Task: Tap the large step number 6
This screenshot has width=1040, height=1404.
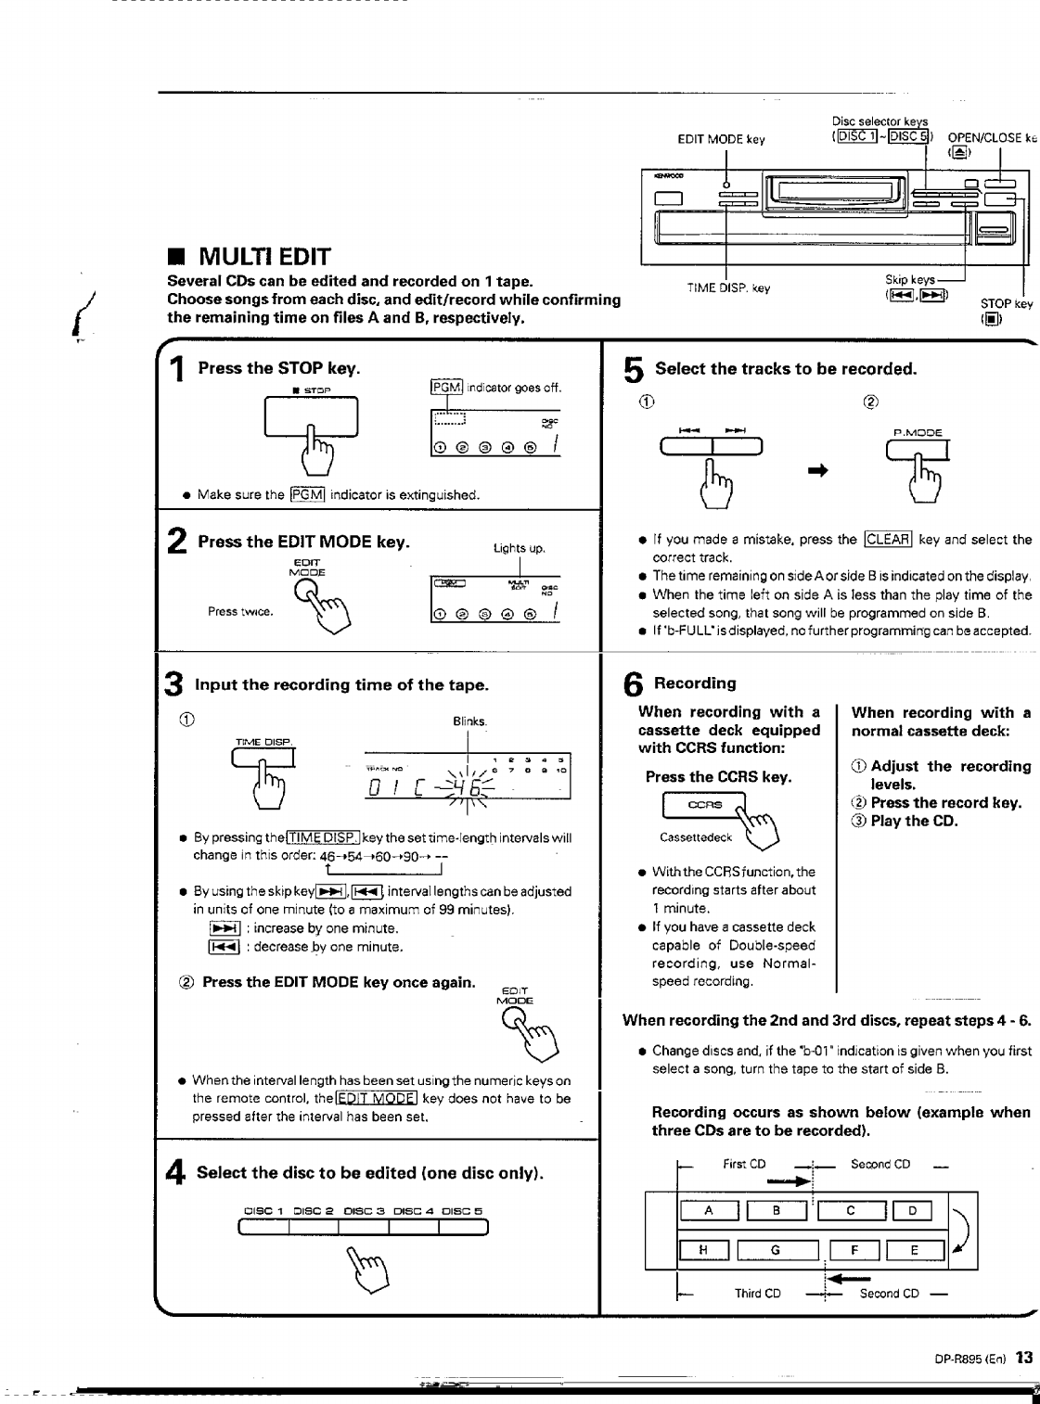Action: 633,685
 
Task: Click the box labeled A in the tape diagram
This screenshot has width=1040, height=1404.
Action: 709,1210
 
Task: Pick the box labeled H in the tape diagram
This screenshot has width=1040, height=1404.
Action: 702,1250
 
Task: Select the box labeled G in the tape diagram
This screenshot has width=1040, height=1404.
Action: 776,1250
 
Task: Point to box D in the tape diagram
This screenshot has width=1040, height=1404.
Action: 912,1210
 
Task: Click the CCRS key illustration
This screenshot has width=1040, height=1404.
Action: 706,806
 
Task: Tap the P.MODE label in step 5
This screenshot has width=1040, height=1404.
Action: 917,432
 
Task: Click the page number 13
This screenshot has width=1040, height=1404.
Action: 1023,1358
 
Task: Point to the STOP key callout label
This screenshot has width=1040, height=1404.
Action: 1006,303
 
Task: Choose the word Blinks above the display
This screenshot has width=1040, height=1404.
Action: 469,721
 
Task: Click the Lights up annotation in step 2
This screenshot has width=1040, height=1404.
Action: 520,548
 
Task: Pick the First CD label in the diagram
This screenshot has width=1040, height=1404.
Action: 744,1165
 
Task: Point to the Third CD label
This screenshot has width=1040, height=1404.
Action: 757,1294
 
